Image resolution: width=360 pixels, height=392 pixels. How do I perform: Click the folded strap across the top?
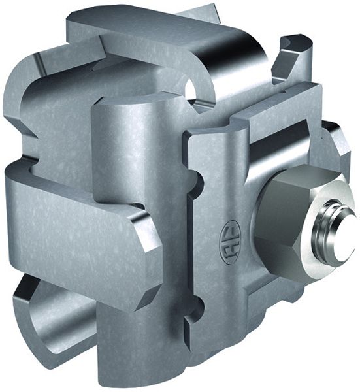pyautogui.click(x=163, y=39)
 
